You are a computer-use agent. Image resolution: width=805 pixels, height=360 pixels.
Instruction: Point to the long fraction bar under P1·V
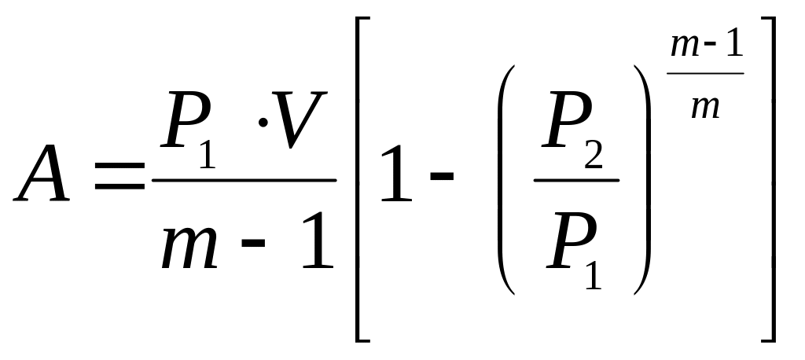pos(244,179)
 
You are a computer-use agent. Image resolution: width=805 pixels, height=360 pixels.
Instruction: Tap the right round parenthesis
pos(642,179)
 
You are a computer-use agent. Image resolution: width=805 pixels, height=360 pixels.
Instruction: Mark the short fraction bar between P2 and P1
pos(576,179)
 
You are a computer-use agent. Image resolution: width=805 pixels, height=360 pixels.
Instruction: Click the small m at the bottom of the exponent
pos(704,107)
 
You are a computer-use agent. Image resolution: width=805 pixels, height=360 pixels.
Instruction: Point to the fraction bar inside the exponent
pos(706,75)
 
